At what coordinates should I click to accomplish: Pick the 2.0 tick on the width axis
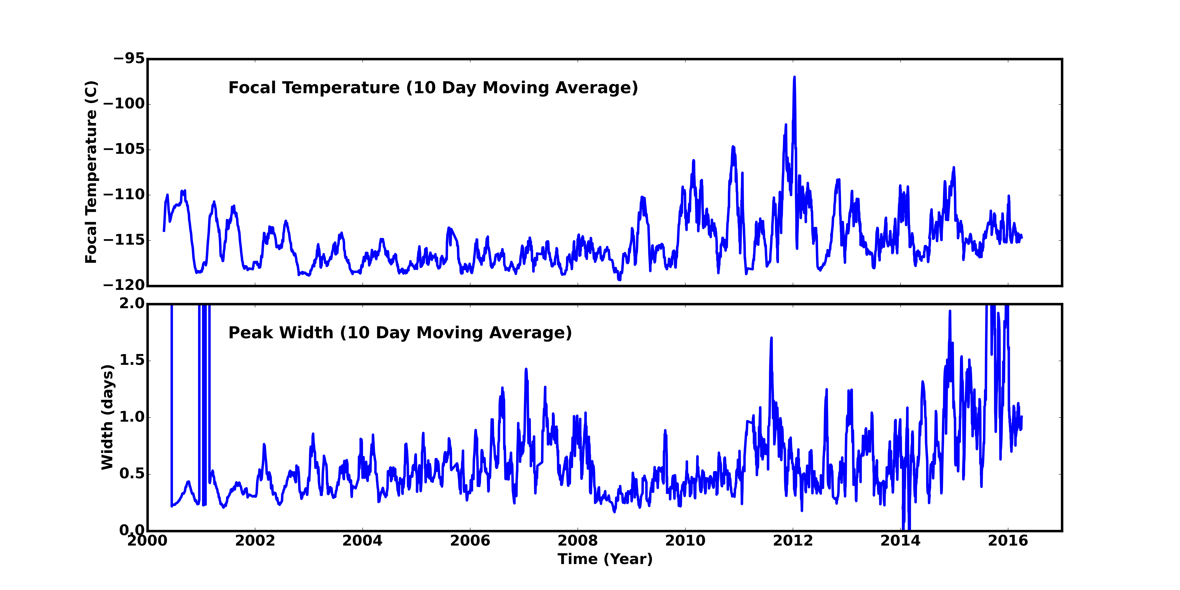(132, 304)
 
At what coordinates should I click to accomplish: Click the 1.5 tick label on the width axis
(132, 360)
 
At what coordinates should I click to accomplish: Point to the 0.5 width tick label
(132, 474)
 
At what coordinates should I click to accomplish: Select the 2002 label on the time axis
(255, 541)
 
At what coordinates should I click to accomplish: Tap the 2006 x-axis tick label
(470, 541)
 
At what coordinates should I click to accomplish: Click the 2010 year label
(685, 541)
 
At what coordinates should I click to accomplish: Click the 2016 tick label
(1008, 541)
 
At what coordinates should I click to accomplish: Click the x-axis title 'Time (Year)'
(605, 559)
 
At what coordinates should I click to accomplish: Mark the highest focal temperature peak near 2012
(794, 77)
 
